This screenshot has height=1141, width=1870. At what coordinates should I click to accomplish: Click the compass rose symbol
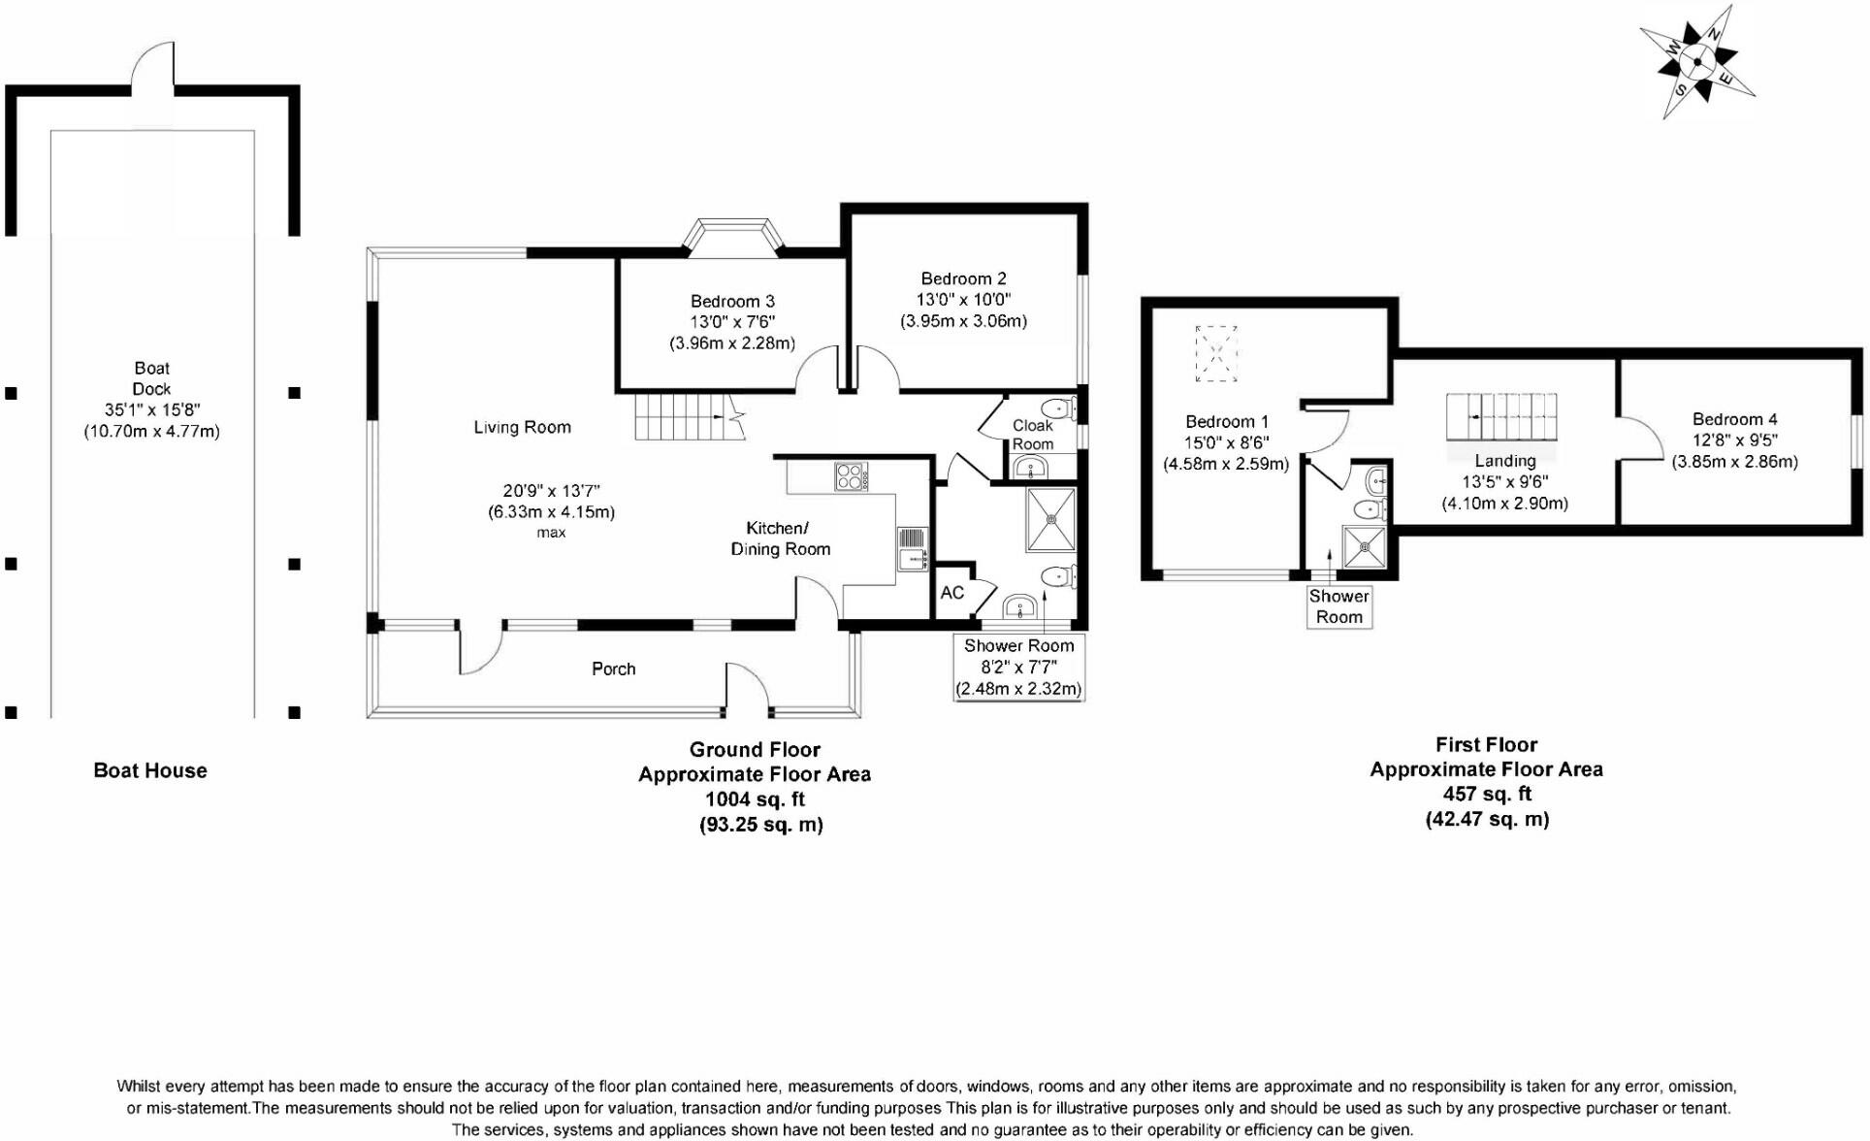click(x=1697, y=62)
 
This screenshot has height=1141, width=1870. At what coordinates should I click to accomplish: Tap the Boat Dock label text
click(x=151, y=378)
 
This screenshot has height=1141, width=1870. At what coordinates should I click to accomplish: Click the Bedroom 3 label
click(x=732, y=301)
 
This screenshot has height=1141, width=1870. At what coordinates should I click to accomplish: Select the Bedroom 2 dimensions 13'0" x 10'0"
click(x=963, y=300)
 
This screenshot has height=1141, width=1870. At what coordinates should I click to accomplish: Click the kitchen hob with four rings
click(x=851, y=476)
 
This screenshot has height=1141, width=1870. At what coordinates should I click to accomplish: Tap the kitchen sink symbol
click(x=912, y=549)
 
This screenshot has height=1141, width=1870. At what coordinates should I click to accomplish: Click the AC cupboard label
click(x=951, y=593)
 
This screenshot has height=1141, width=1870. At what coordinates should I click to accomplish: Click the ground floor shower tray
click(x=1051, y=519)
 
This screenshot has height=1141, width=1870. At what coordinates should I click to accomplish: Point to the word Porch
click(x=613, y=668)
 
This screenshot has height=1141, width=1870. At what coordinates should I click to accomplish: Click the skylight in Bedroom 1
click(x=1215, y=353)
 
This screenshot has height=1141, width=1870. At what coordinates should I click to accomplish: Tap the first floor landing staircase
click(x=1501, y=417)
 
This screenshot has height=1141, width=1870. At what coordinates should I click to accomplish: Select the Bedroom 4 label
click(x=1734, y=419)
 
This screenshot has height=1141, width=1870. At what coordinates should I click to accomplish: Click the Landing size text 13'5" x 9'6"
click(x=1504, y=482)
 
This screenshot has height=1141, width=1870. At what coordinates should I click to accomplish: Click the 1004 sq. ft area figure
click(x=755, y=799)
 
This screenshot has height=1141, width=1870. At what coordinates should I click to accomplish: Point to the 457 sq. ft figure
click(x=1486, y=794)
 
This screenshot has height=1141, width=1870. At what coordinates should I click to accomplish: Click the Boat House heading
click(x=150, y=770)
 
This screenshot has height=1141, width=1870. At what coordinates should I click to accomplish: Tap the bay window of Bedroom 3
click(x=732, y=236)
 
